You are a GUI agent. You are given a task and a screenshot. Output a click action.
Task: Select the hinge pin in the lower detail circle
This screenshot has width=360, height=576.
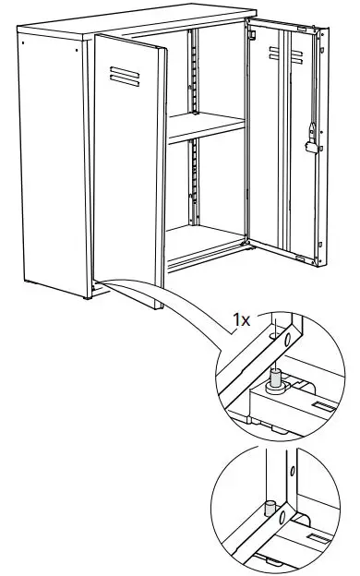270,507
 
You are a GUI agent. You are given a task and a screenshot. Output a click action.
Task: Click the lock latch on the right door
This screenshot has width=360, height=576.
311,141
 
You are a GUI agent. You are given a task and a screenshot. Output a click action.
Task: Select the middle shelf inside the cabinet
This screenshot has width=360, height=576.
207,126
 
